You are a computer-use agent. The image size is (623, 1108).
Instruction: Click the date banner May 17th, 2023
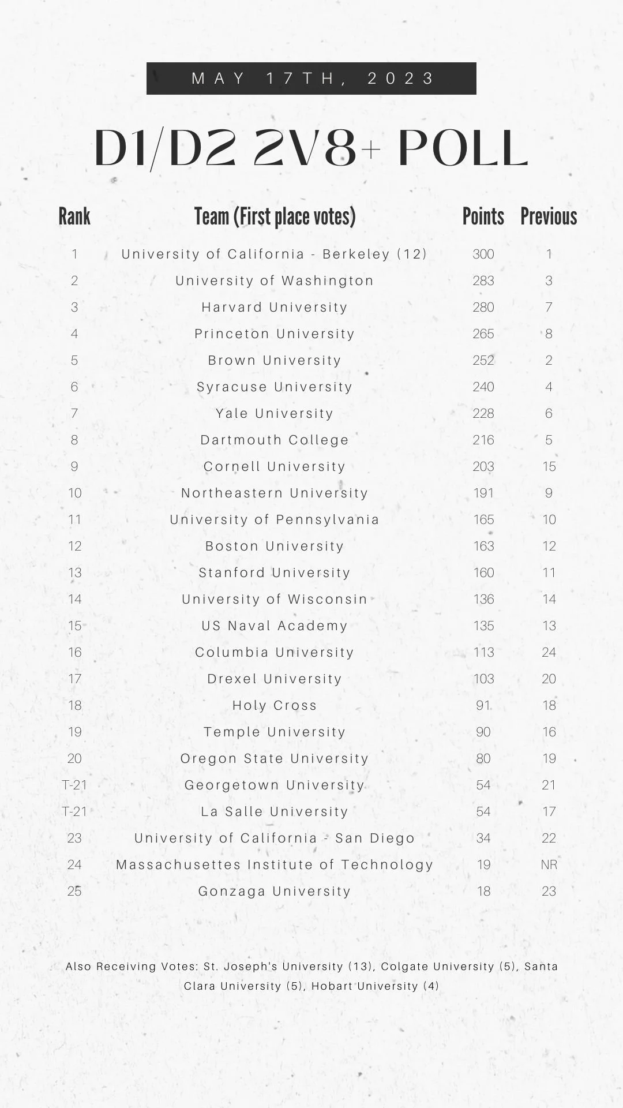point(311,78)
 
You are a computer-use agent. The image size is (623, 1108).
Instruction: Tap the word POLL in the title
point(463,148)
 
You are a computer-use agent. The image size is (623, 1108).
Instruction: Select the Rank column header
point(74,217)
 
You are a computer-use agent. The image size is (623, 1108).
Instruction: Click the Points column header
point(483,217)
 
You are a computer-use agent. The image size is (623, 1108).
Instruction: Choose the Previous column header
point(549,217)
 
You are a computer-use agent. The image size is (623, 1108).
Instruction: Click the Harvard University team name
point(275,307)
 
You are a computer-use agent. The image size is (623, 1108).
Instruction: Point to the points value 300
point(483,254)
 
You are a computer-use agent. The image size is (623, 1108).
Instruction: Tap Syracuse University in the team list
point(275,387)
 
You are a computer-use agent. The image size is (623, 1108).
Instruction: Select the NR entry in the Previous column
point(549,864)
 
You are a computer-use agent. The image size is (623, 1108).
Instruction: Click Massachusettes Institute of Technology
point(275,864)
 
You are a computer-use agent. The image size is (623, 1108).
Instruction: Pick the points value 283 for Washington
point(483,280)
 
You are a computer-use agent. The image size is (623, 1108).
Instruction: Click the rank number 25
point(74,891)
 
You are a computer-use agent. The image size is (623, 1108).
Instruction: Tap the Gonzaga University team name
point(275,891)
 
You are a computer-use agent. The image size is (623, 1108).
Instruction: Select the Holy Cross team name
point(275,705)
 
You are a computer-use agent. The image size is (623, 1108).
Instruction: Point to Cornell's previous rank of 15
point(549,466)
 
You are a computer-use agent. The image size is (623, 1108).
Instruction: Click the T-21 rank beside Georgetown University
point(74,785)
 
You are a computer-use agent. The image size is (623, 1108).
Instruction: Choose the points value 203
point(483,466)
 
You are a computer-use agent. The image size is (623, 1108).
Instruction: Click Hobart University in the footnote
point(365,986)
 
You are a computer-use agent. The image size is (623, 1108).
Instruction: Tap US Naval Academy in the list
point(275,626)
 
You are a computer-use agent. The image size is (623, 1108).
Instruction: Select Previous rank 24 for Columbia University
point(549,652)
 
